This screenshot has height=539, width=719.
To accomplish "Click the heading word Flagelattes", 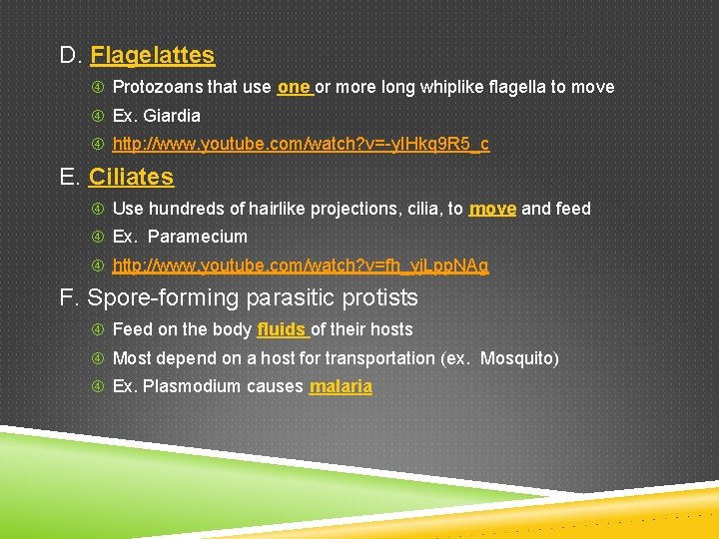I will [152, 56].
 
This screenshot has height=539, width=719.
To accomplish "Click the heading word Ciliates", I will [131, 178].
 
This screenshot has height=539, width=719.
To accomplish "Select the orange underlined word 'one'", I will [294, 87].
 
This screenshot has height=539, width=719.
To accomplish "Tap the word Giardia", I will [172, 116].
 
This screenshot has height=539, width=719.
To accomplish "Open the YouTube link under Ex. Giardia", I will [301, 145].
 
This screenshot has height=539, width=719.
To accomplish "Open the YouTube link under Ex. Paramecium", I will [301, 267].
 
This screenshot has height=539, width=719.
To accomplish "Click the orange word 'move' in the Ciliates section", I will [492, 209].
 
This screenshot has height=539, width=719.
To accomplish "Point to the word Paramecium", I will [197, 238].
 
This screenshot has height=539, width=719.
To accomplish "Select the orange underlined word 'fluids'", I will [281, 329].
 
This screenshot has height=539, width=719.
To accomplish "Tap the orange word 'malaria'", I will [341, 387].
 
